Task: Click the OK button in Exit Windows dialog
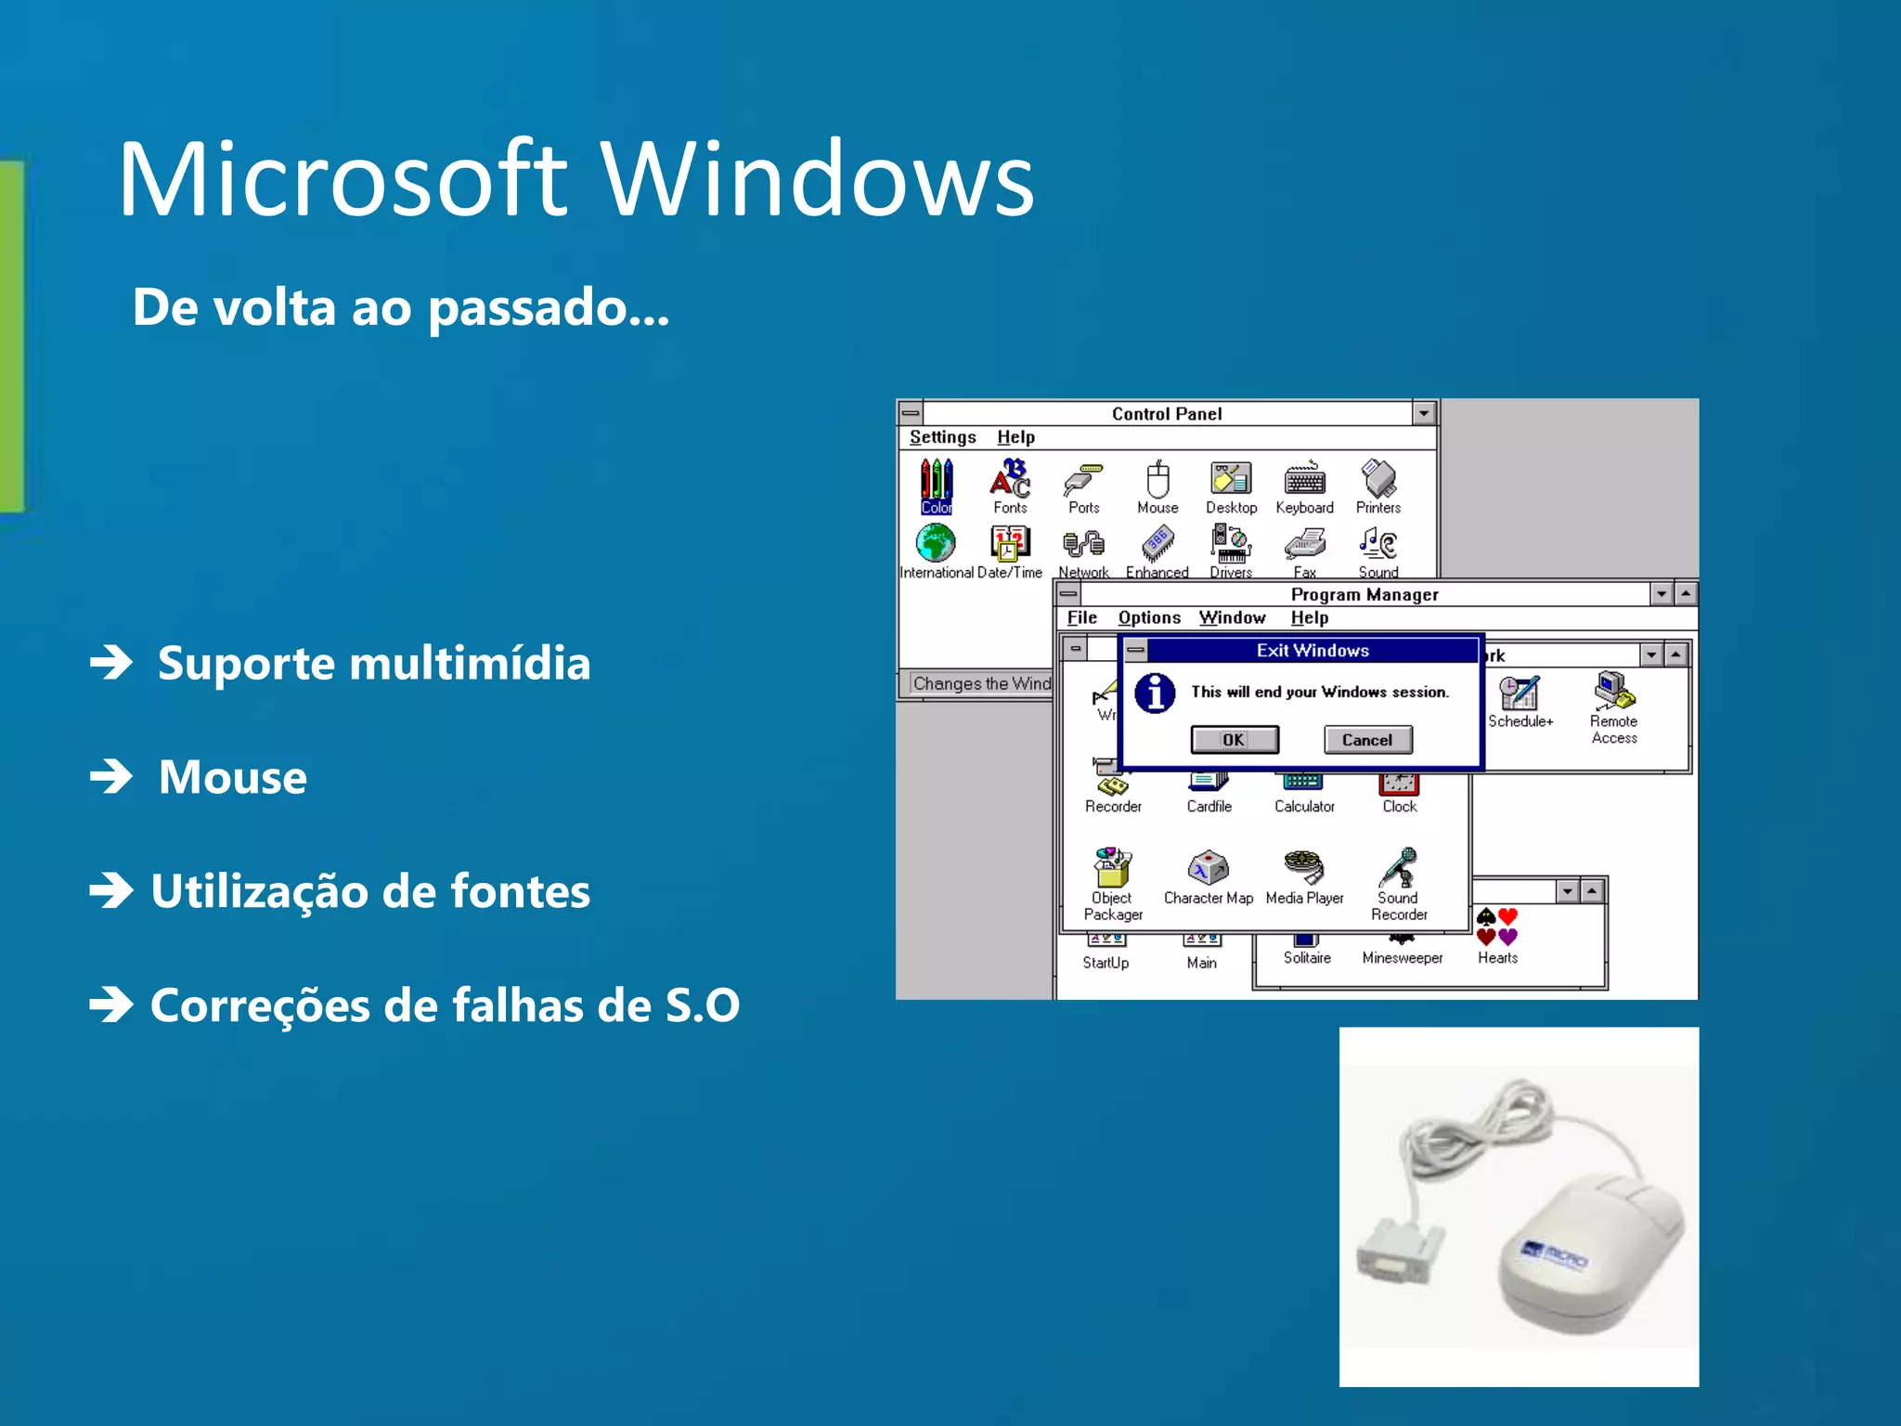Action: (1234, 740)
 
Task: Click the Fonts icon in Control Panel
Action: (1010, 482)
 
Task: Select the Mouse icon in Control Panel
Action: (1157, 482)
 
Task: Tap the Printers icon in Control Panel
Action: (1378, 482)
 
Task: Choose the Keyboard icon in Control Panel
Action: (1304, 482)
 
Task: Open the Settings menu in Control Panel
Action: (942, 437)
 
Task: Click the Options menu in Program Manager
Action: (1149, 618)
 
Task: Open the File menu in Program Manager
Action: (1081, 618)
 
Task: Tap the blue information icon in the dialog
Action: (1156, 693)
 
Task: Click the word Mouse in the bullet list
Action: (232, 777)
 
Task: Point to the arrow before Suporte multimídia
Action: (112, 663)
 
